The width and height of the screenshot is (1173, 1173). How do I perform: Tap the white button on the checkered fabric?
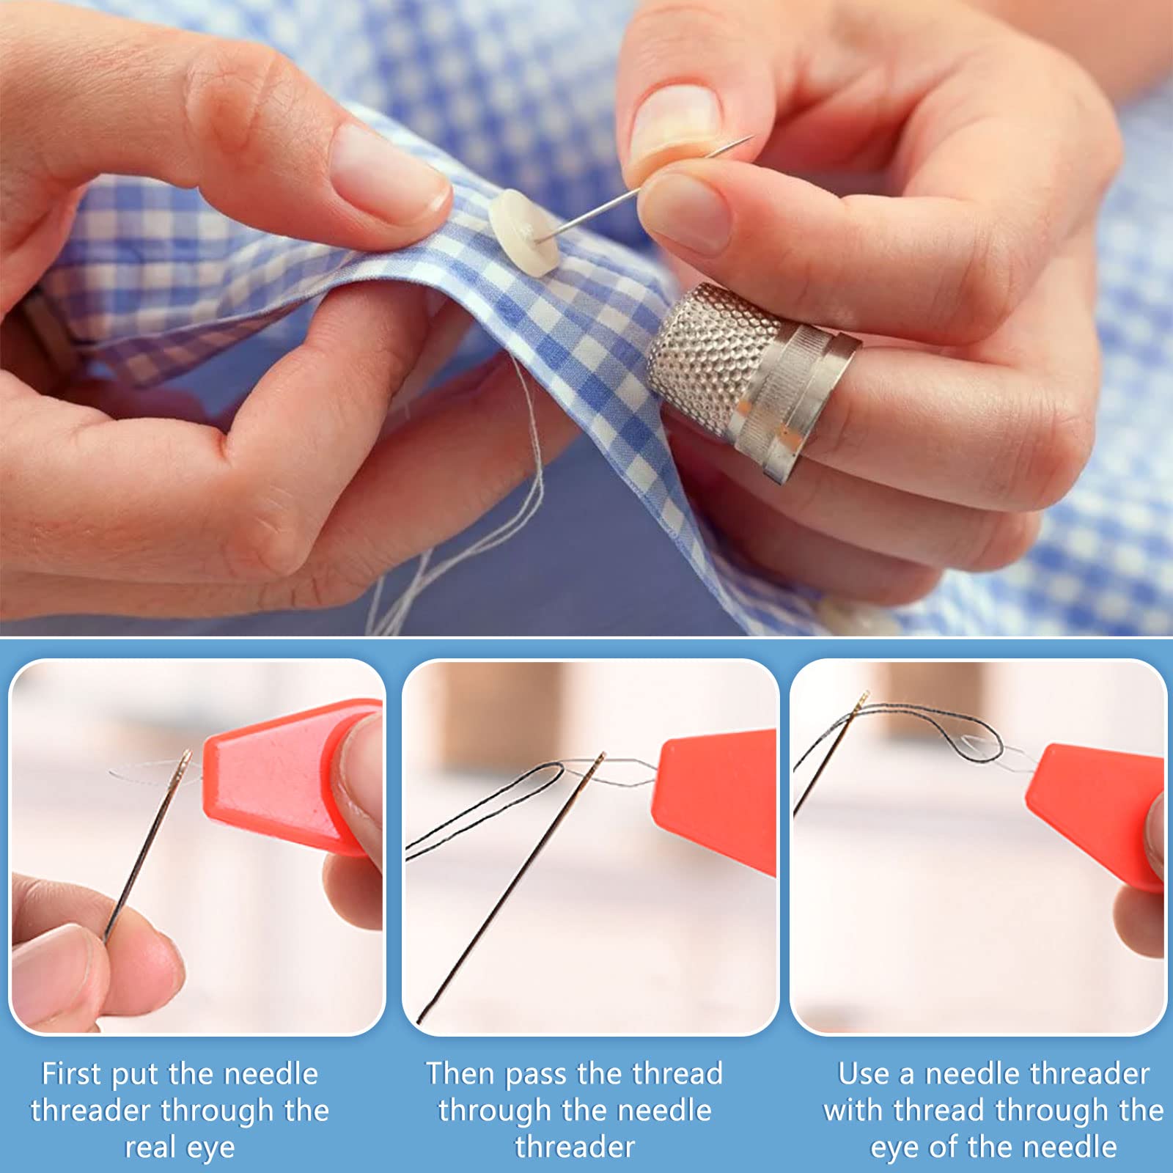(523, 232)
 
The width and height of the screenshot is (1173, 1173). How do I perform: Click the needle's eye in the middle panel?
(599, 762)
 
